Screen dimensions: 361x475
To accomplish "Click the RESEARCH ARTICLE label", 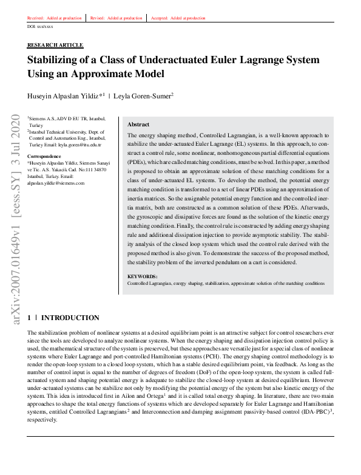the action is tap(55, 46).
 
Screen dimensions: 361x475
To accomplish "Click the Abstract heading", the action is tap(138, 124).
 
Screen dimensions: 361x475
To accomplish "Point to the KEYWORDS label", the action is tap(143, 276).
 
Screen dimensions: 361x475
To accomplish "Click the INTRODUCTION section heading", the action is tap(70, 318).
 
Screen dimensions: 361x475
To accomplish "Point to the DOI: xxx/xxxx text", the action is tap(40, 27).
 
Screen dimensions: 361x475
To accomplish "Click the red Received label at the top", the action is tap(36, 18).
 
